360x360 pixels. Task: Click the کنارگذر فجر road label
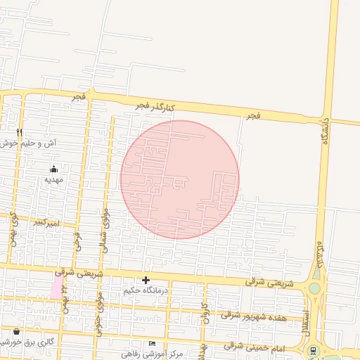tap(155, 106)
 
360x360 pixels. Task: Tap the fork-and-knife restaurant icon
tap(20, 131)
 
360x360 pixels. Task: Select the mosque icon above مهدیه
tap(54, 169)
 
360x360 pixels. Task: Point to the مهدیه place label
tap(54, 179)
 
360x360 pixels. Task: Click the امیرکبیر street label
tap(47, 223)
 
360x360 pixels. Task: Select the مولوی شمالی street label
tap(105, 229)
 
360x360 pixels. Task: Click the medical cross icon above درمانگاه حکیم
tap(146, 280)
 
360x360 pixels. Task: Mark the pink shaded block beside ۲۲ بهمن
tap(56, 285)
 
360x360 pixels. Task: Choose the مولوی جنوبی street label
tap(99, 309)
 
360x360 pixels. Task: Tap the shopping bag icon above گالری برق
tap(16, 330)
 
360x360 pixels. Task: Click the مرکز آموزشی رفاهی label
tap(152, 353)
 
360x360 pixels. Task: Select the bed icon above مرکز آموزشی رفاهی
tap(153, 342)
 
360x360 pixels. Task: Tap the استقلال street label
tap(306, 322)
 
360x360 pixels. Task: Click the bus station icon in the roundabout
tap(312, 350)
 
